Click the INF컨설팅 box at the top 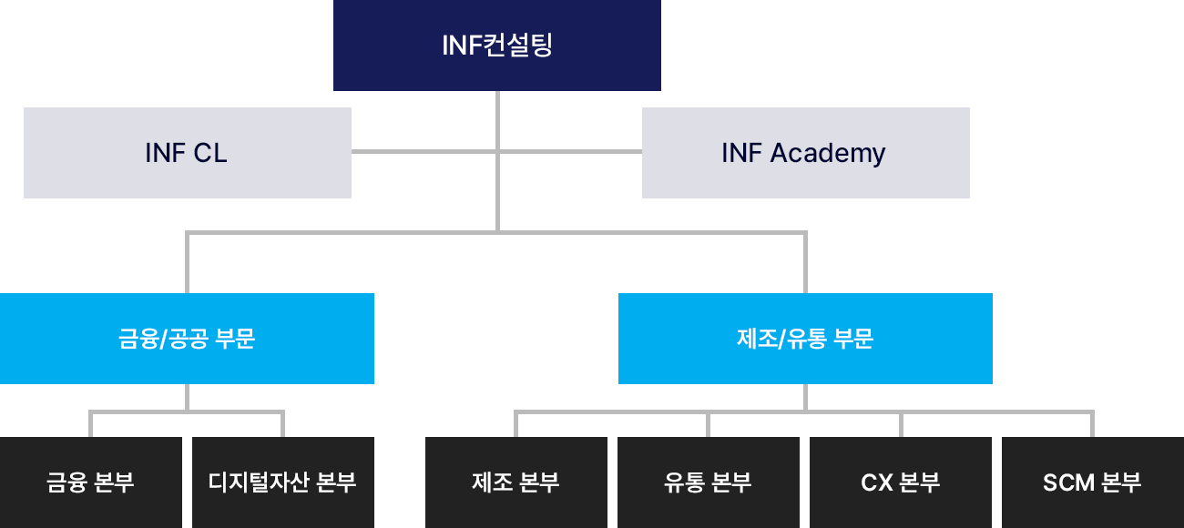(496, 46)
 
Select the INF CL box (187, 153)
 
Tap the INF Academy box (805, 153)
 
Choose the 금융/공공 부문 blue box (187, 339)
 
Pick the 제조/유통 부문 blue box (805, 339)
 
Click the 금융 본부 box (91, 482)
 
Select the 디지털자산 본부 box (282, 482)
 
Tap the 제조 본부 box (515, 482)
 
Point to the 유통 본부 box (708, 482)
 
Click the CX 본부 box (900, 482)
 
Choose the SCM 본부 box (1092, 482)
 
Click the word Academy (828, 154)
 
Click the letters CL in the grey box (211, 153)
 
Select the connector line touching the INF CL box (424, 151)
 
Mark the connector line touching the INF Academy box (570, 151)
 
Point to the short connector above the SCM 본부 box (1092, 424)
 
